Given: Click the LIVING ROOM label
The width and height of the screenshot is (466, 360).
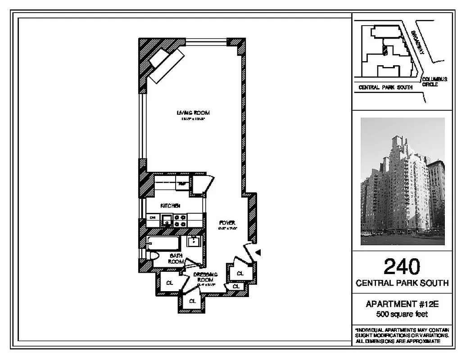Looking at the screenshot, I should click(193, 112).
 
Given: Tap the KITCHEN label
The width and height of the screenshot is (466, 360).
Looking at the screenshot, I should click(171, 206).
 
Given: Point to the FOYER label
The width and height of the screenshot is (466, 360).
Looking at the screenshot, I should click(227, 223).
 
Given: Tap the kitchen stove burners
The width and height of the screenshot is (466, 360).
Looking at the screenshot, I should click(181, 220).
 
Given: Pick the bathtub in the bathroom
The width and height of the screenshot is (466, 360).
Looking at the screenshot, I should click(163, 243).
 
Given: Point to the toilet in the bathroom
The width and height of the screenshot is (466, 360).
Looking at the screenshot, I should click(153, 256).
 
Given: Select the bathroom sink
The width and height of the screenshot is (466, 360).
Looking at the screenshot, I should click(194, 241).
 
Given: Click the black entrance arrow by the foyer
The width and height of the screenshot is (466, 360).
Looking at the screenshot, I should click(258, 252).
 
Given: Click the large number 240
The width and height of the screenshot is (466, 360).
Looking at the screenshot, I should click(402, 267).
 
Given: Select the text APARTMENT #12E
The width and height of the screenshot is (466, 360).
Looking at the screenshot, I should click(402, 305).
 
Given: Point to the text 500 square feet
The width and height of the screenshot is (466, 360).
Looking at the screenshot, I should click(402, 314).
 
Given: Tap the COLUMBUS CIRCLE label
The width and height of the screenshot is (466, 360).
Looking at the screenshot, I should click(434, 82).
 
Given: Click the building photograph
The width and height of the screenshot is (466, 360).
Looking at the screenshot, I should click(403, 181).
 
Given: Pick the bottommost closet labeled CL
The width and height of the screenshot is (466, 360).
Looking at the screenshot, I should click(192, 301).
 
